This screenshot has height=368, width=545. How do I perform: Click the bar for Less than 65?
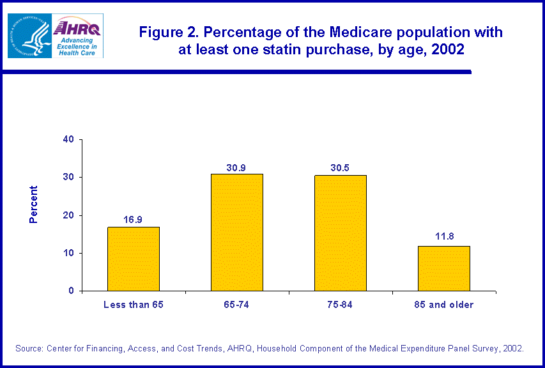pyautogui.click(x=134, y=259)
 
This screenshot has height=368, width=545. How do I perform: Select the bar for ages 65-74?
pyautogui.click(x=236, y=233)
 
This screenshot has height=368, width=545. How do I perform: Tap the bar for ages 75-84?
pyautogui.click(x=340, y=233)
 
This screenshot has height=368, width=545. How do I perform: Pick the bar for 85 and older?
pyautogui.click(x=443, y=268)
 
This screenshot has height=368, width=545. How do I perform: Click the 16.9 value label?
pyautogui.click(x=134, y=220)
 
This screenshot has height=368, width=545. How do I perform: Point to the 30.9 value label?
pyautogui.click(x=236, y=167)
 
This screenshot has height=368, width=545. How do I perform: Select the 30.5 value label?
pyautogui.click(x=340, y=168)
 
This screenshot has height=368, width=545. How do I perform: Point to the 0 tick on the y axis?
pyautogui.click(x=72, y=291)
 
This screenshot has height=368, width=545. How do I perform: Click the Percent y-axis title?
pyautogui.click(x=34, y=204)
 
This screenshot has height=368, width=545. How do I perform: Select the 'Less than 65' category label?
pyautogui.click(x=134, y=305)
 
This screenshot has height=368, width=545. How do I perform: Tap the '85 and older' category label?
pyautogui.click(x=443, y=305)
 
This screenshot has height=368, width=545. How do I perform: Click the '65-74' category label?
pyautogui.click(x=236, y=305)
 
